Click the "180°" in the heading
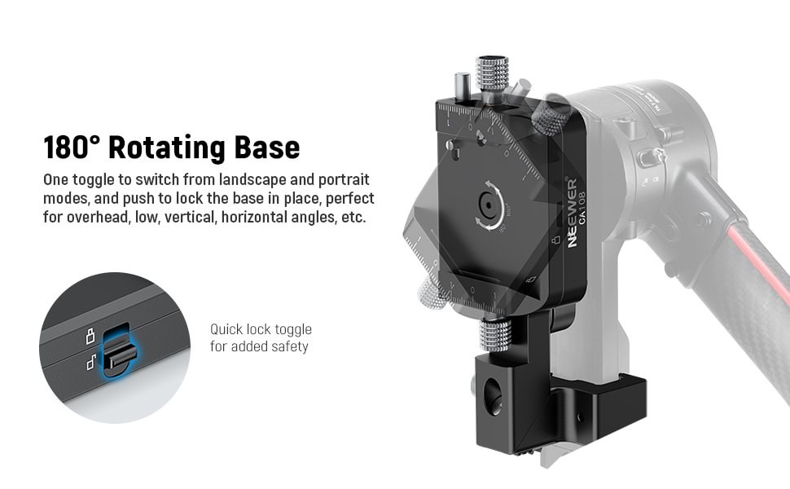coord(72,148)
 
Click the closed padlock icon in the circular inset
coord(90,336)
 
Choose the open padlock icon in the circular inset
coord(91,362)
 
